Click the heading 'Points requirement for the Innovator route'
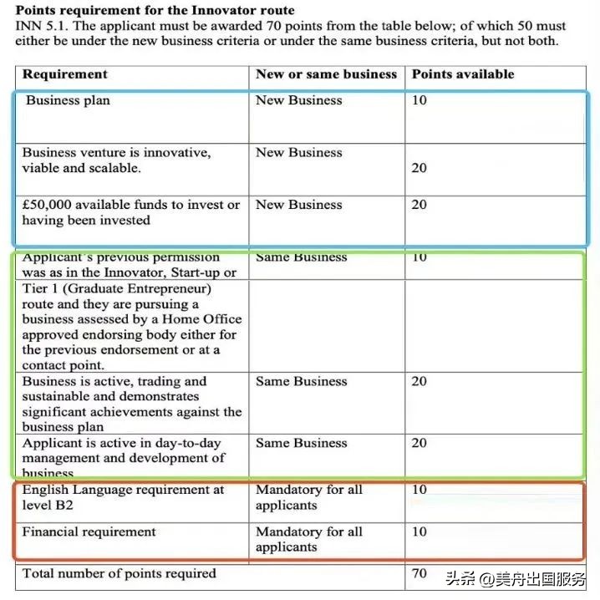click(x=155, y=11)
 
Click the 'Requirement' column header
click(x=64, y=74)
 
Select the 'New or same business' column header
click(x=326, y=74)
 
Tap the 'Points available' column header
click(x=462, y=74)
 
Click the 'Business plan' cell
click(x=68, y=101)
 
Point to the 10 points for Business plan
click(x=419, y=101)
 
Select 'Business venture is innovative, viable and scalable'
click(x=116, y=160)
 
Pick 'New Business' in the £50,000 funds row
click(x=298, y=205)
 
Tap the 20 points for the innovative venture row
click(x=419, y=168)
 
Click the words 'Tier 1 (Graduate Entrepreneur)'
click(x=116, y=289)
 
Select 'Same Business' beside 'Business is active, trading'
click(x=301, y=382)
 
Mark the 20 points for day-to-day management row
click(x=419, y=443)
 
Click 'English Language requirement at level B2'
click(x=123, y=497)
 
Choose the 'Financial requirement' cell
click(x=89, y=532)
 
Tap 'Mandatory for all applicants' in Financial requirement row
click(x=308, y=539)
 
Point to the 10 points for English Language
click(x=419, y=490)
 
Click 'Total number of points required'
click(x=119, y=574)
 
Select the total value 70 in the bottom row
click(x=419, y=574)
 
